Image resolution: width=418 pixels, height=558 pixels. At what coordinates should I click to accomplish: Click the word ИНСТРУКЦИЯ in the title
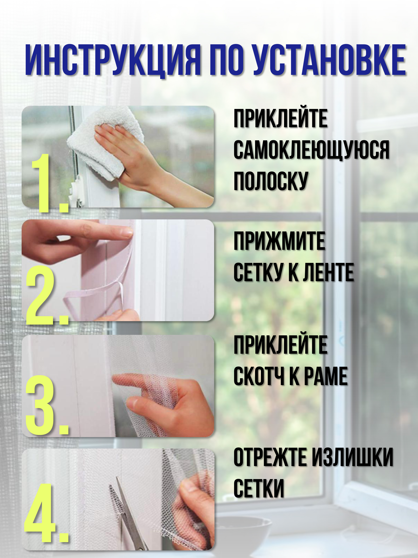[x=113, y=60]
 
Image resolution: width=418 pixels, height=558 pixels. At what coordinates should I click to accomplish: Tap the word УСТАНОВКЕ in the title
[x=329, y=60]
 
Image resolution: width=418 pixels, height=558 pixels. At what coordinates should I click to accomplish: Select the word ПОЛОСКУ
[x=271, y=181]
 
